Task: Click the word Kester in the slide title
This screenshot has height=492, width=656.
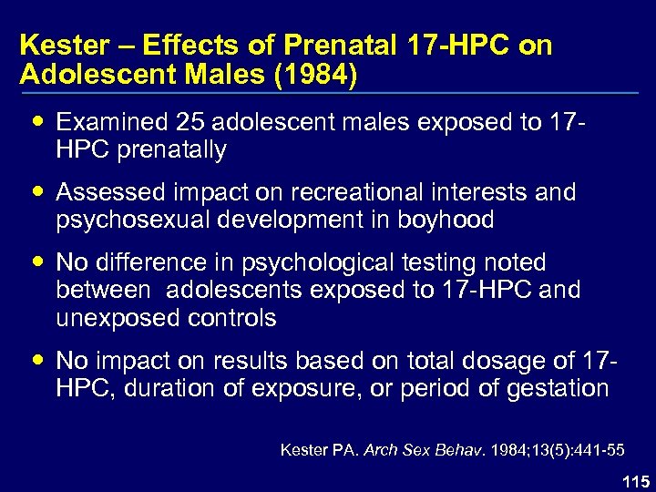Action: coord(55,46)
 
